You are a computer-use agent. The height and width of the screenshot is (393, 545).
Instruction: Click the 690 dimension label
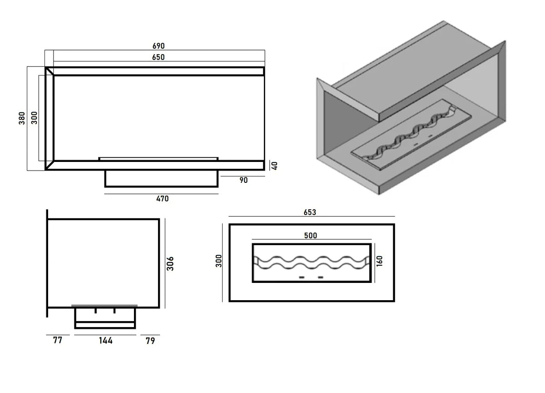tap(158, 46)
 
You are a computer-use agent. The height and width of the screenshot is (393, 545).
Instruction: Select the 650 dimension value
tap(158, 57)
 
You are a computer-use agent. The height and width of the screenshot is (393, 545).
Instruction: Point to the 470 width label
tap(162, 199)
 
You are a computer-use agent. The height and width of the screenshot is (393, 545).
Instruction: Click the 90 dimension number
tap(243, 180)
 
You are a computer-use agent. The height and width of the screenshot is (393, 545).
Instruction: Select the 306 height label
tap(170, 263)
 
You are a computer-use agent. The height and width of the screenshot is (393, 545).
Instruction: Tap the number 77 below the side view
tap(57, 340)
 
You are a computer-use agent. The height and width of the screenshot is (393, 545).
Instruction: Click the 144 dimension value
tap(105, 340)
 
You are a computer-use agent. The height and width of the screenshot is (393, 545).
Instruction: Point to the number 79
tap(150, 340)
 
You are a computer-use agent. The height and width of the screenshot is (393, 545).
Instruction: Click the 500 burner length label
tap(311, 236)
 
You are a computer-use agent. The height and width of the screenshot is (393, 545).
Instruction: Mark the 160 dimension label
tap(380, 262)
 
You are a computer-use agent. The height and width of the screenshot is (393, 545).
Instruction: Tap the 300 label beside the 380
tap(35, 118)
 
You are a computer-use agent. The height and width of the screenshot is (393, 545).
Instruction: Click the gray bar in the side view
tap(104, 306)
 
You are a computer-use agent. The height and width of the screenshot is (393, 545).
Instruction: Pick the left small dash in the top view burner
tap(301, 277)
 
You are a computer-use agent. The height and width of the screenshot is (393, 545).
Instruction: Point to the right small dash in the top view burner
tap(321, 277)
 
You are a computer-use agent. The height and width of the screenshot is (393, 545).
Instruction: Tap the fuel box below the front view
tap(161, 178)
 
